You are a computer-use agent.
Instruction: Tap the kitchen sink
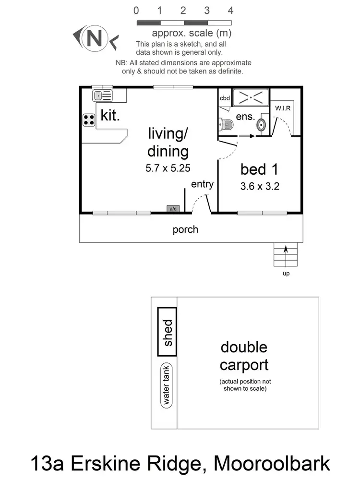coord(102,96)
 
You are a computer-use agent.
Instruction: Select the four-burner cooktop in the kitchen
coord(89,120)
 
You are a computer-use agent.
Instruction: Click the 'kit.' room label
coord(110,116)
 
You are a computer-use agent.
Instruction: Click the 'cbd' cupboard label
coord(225,98)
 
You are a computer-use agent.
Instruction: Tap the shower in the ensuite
coord(250,97)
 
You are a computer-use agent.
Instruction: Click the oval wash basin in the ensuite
coord(261,125)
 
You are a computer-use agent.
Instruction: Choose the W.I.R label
coord(283,108)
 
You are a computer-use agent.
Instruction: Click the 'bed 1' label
coord(260,169)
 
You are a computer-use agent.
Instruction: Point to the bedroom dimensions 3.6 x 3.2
coord(260,186)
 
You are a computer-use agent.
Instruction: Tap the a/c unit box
coord(172,209)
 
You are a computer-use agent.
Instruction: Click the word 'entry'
coord(202,184)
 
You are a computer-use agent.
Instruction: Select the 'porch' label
coord(185,229)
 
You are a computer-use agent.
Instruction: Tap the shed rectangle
coord(168,332)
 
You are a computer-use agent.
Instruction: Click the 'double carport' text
coord(244,356)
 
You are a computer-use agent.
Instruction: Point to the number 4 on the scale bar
coord(230,11)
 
